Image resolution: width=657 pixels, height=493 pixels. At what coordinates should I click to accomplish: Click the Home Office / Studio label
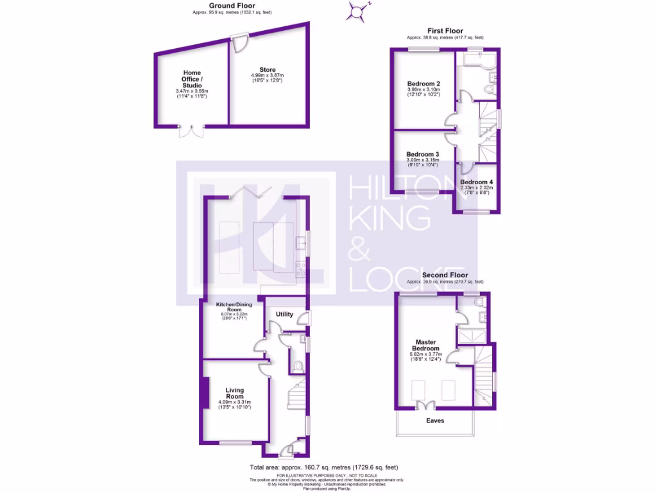click(x=192, y=79)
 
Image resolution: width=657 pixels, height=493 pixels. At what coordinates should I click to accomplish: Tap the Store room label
click(x=267, y=70)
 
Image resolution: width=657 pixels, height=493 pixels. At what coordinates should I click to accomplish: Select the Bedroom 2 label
click(x=423, y=83)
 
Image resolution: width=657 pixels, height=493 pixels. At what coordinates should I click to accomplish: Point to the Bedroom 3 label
click(x=423, y=155)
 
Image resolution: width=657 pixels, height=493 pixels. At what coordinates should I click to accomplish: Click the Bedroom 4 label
click(x=476, y=182)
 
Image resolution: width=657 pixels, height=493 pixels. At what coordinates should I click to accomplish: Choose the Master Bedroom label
click(x=426, y=345)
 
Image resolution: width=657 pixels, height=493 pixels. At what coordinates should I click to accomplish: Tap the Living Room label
click(x=234, y=393)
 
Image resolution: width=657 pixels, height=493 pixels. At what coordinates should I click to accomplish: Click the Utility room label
click(x=284, y=314)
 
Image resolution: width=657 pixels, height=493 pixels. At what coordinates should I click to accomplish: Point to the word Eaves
click(x=435, y=421)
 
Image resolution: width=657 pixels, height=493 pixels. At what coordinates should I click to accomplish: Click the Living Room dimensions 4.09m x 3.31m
click(x=234, y=403)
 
